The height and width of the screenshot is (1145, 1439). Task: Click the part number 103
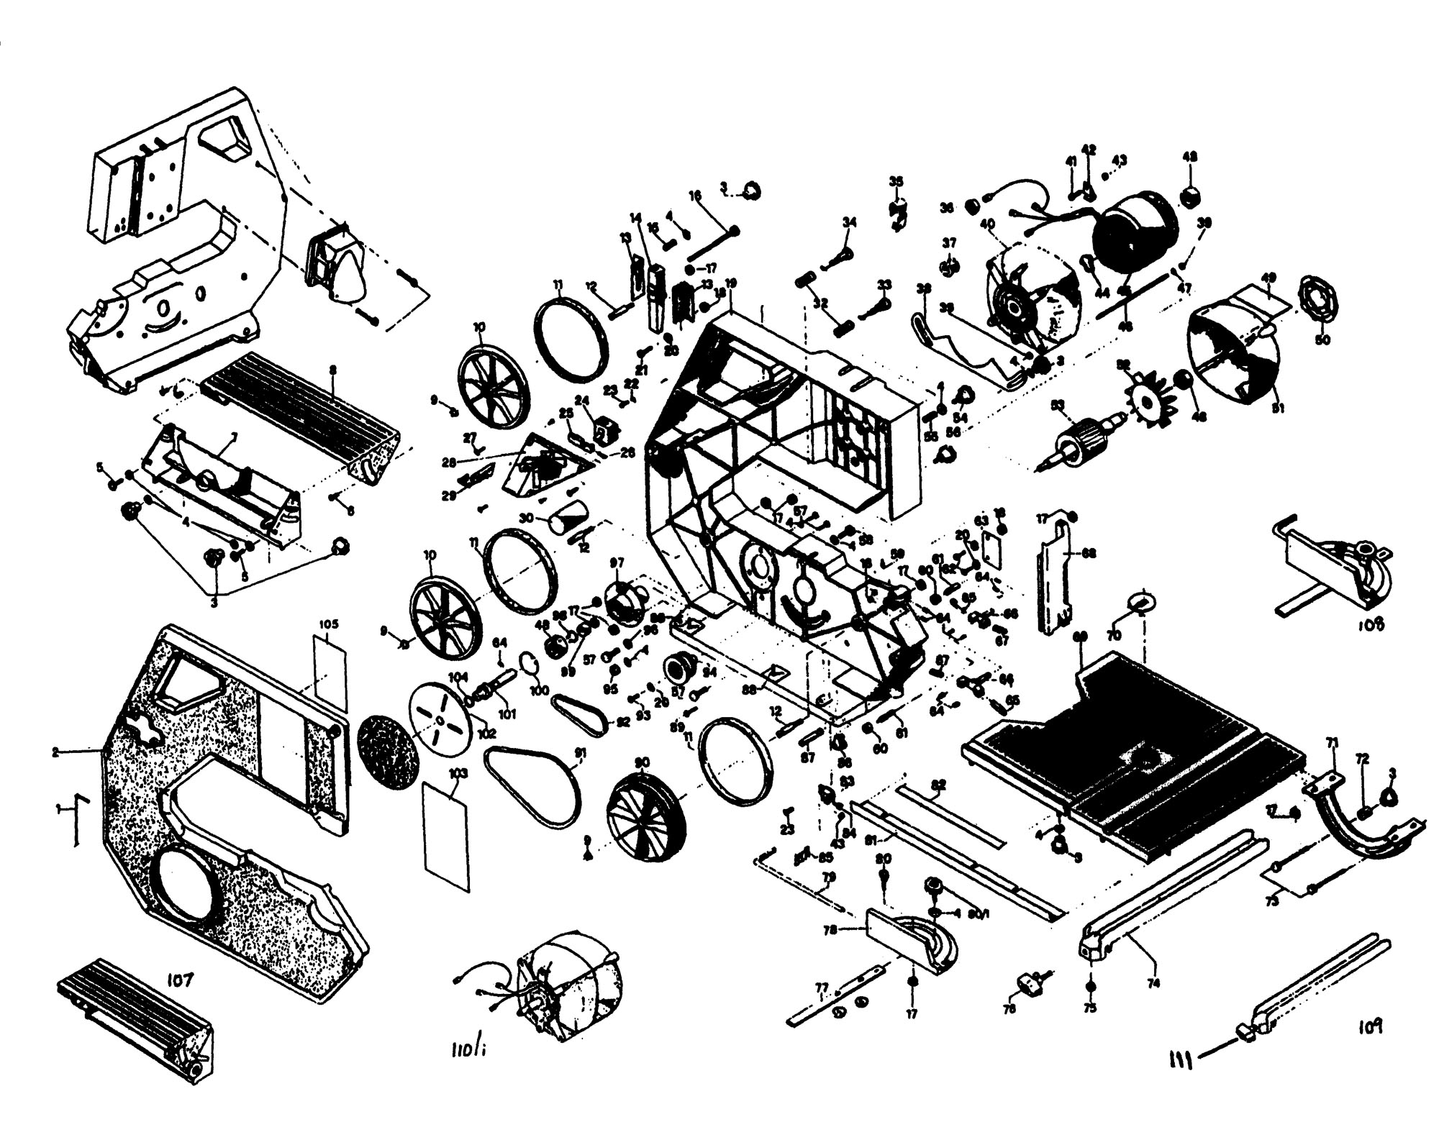(458, 774)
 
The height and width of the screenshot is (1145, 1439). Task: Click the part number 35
(895, 181)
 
